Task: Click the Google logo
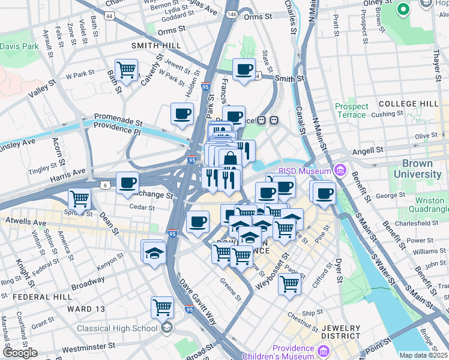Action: click(x=19, y=353)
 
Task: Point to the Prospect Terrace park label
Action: click(x=351, y=110)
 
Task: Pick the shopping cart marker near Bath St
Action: click(x=126, y=70)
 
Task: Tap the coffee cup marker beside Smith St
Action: click(x=244, y=70)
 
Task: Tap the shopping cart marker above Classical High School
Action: click(x=162, y=307)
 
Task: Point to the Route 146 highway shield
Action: click(x=232, y=13)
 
